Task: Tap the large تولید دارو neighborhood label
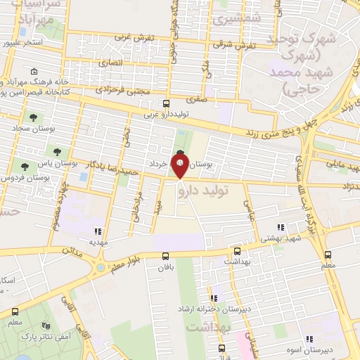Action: [210, 188]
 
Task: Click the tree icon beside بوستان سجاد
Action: [32, 117]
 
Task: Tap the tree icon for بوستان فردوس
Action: [25, 167]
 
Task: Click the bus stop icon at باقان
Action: [166, 257]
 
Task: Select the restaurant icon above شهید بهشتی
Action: [280, 227]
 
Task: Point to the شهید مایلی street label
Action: [344, 165]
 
